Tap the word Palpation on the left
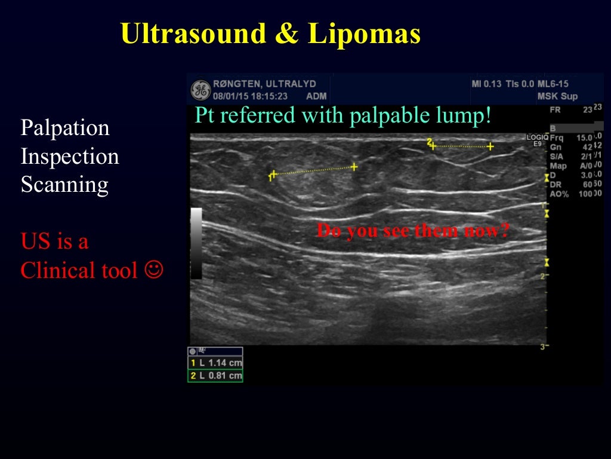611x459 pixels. [x=65, y=128]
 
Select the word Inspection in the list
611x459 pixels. [x=70, y=157]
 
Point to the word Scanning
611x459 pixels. [x=64, y=185]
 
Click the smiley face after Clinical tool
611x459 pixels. [x=154, y=270]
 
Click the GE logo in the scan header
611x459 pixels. [x=200, y=90]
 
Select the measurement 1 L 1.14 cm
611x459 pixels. [x=215, y=363]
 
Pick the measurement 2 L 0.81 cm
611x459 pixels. [x=215, y=376]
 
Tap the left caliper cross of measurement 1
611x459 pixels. [x=273, y=175]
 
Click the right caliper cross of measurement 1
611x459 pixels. [x=354, y=167]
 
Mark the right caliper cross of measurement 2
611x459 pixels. [x=490, y=146]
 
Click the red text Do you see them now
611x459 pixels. [x=412, y=231]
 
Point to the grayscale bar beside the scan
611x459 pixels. [x=196, y=243]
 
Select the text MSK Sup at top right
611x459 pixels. [x=557, y=96]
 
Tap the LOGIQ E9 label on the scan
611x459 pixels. [x=537, y=140]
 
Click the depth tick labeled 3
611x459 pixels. [x=542, y=347]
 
